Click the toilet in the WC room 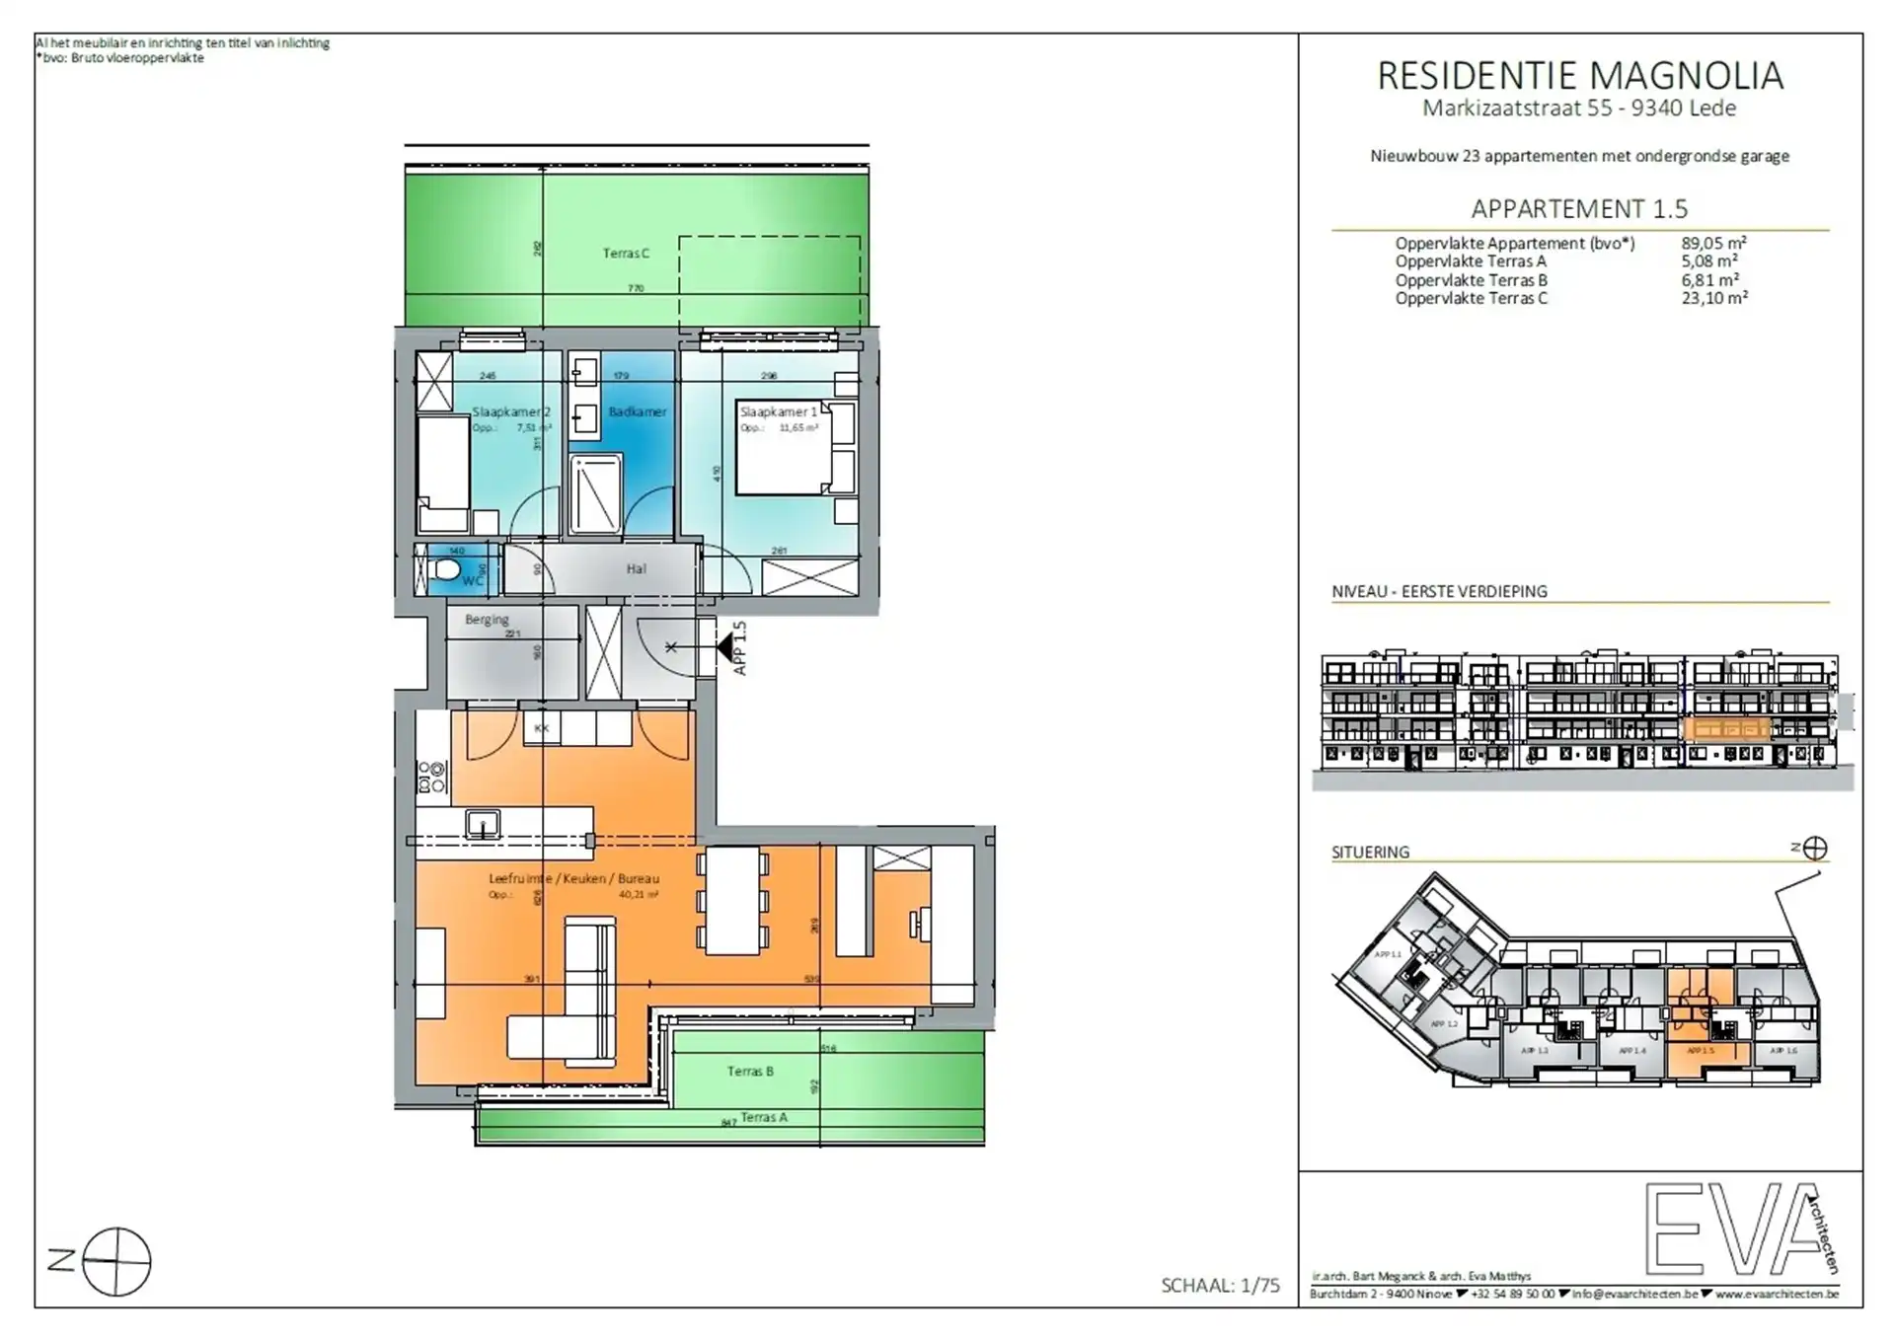[446, 569]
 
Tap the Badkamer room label [638, 411]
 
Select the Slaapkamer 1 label [779, 411]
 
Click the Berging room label [487, 620]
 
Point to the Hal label [636, 568]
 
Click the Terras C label [626, 254]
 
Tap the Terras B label [750, 1071]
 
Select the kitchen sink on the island [483, 823]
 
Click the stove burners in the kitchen [432, 777]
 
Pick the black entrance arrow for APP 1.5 [726, 648]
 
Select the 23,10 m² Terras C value [1714, 298]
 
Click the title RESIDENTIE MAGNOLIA [1580, 76]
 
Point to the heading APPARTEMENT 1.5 [1579, 209]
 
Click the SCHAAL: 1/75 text [1220, 1286]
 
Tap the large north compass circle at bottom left [116, 1262]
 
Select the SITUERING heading [1370, 852]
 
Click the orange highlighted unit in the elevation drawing [1727, 730]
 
